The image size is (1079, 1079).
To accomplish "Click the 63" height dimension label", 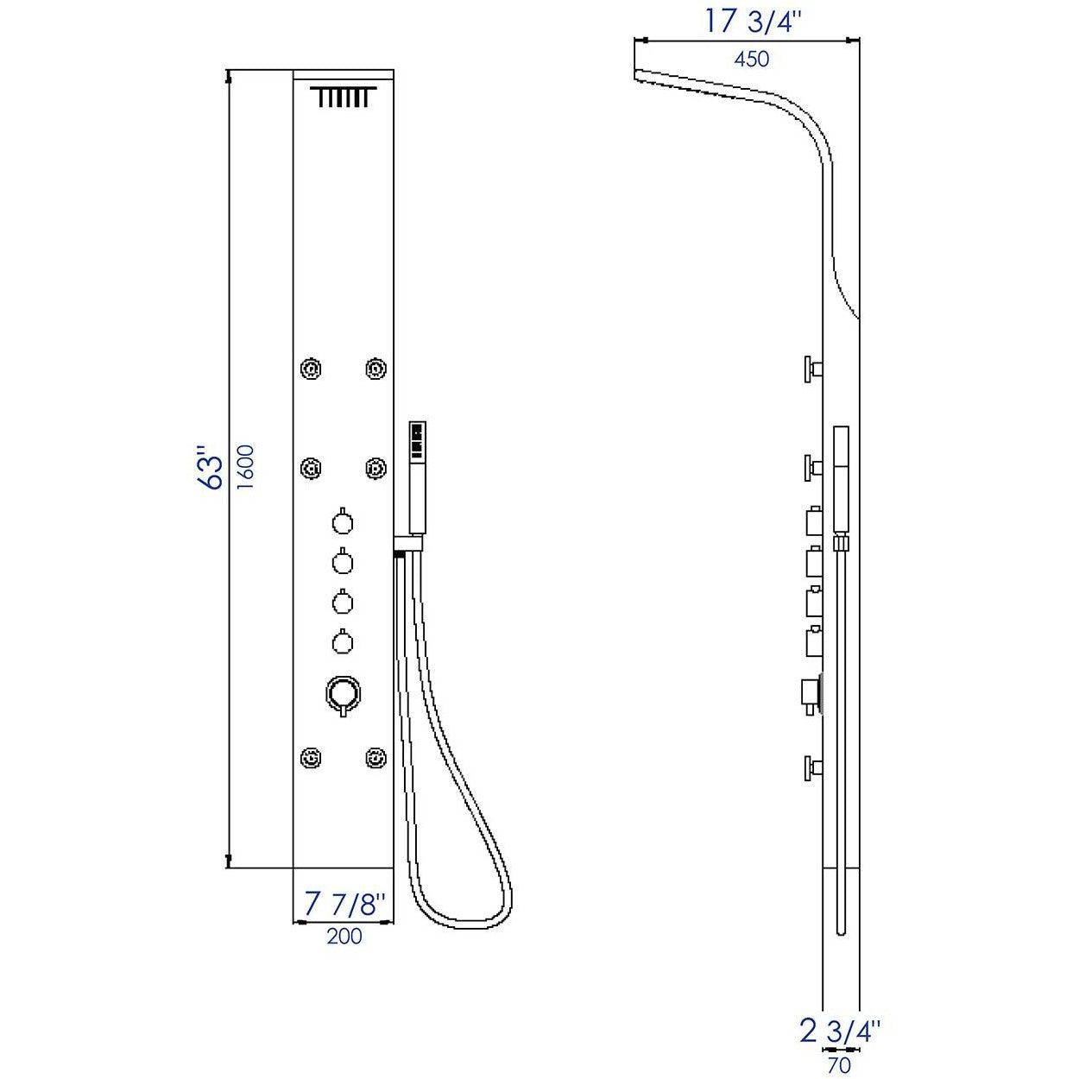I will pyautogui.click(x=211, y=468).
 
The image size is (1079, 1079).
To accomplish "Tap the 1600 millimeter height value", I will pyautogui.click(x=246, y=467).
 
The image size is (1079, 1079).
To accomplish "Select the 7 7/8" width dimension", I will pyautogui.click(x=344, y=904).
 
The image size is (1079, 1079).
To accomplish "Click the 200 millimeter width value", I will pyautogui.click(x=344, y=936).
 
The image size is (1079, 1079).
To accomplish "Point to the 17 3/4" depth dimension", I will pyautogui.click(x=747, y=21).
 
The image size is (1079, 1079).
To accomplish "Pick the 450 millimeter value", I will pyautogui.click(x=751, y=59).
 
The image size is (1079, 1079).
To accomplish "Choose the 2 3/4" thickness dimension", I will pyautogui.click(x=840, y=1031).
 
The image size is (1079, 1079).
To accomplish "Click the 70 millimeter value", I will pyautogui.click(x=838, y=1065).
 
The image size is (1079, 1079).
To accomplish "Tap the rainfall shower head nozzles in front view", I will pyautogui.click(x=344, y=98).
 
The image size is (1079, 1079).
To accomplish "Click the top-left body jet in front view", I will pyautogui.click(x=311, y=369).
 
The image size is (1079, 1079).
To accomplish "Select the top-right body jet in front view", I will pyautogui.click(x=375, y=369).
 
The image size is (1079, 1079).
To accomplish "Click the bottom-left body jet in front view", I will pyautogui.click(x=311, y=759).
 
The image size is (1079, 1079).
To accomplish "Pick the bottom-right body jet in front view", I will pyautogui.click(x=375, y=759).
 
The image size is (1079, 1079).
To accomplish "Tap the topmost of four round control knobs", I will pyautogui.click(x=343, y=522).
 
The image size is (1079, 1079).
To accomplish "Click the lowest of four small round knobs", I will pyautogui.click(x=343, y=642).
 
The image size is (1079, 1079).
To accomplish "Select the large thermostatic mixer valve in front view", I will pyautogui.click(x=343, y=692).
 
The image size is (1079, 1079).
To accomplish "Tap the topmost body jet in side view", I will pyautogui.click(x=813, y=369).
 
